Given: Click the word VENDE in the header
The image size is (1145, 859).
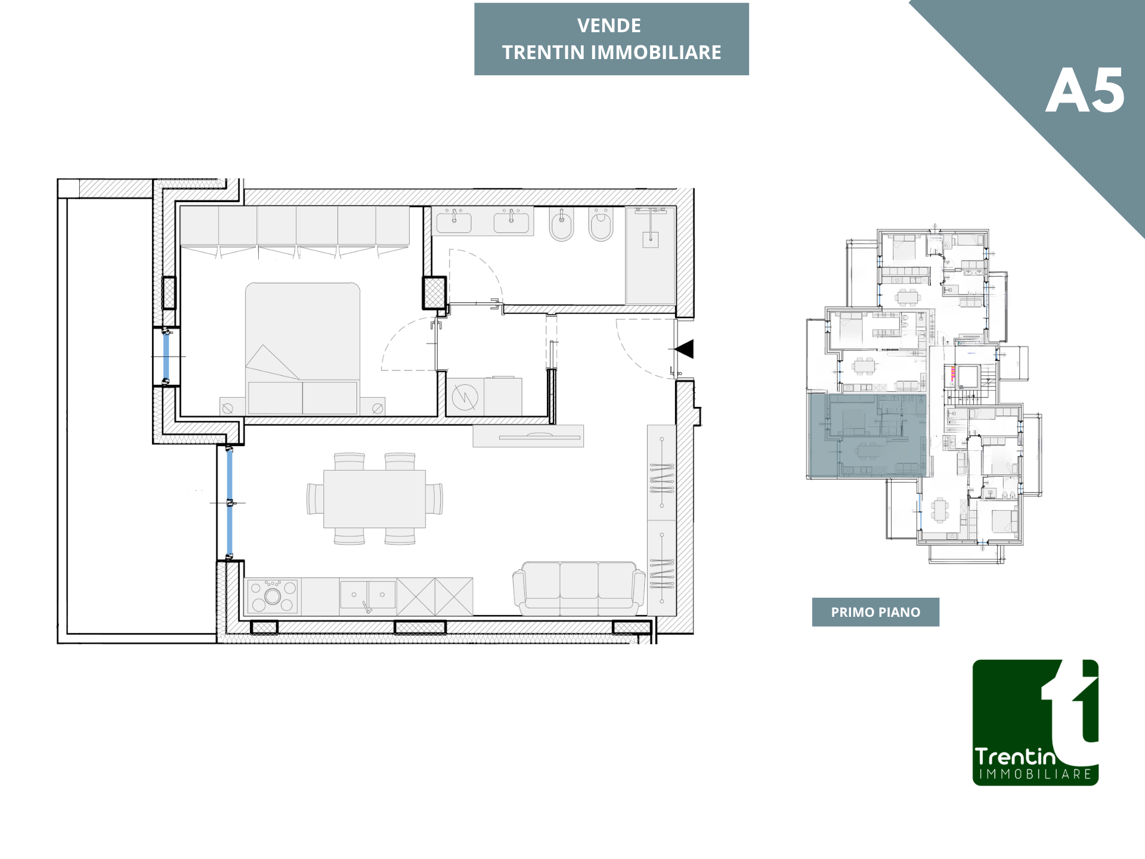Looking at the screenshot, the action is click(609, 26).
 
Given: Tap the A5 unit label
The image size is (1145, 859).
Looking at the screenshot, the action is click(1085, 91).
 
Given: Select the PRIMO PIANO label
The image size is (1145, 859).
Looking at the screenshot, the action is click(875, 612).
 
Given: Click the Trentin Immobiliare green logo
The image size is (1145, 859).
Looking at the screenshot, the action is click(1035, 722).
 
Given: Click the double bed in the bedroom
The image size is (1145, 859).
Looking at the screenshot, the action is click(302, 348).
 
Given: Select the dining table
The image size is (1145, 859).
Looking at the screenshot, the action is click(375, 499).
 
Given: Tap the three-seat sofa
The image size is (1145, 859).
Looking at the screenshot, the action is click(579, 588).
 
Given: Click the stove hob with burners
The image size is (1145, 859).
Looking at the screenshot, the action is click(273, 596).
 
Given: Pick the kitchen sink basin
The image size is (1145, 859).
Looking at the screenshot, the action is click(367, 595).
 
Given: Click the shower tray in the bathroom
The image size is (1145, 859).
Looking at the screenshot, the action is click(651, 256).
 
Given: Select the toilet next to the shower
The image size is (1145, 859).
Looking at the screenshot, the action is click(601, 224).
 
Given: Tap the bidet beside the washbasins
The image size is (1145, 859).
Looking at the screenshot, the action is click(561, 224).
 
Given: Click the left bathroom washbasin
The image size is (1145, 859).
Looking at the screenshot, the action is click(454, 221).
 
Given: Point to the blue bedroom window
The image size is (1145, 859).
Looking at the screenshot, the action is click(166, 357).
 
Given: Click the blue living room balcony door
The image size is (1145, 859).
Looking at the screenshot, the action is click(230, 502).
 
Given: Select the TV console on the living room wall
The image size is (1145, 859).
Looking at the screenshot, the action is click(528, 436).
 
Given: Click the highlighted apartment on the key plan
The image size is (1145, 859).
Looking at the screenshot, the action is click(867, 435).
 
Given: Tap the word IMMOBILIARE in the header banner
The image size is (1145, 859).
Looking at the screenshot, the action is click(656, 52).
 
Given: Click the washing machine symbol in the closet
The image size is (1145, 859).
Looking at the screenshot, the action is click(465, 397).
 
